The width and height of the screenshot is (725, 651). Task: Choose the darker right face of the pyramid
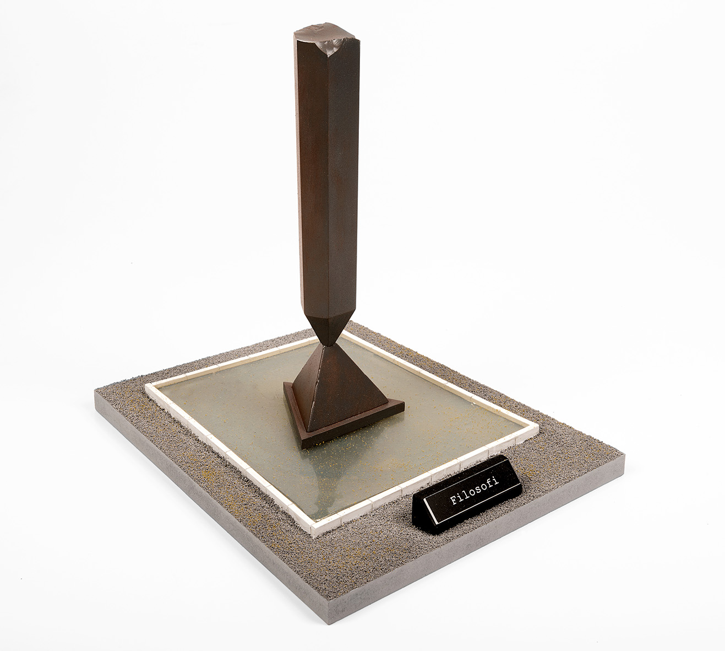click(347, 387)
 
